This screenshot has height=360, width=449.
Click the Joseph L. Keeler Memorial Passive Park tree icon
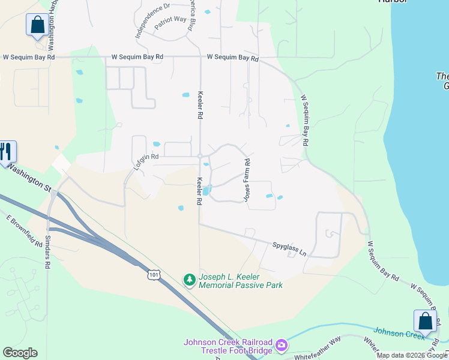190,280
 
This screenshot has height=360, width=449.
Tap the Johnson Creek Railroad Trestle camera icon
281,346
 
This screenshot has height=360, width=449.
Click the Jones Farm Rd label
246,179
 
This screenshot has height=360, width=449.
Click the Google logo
20,353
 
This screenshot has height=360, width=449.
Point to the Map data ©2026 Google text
412,355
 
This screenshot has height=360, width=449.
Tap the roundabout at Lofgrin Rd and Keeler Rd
200,156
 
